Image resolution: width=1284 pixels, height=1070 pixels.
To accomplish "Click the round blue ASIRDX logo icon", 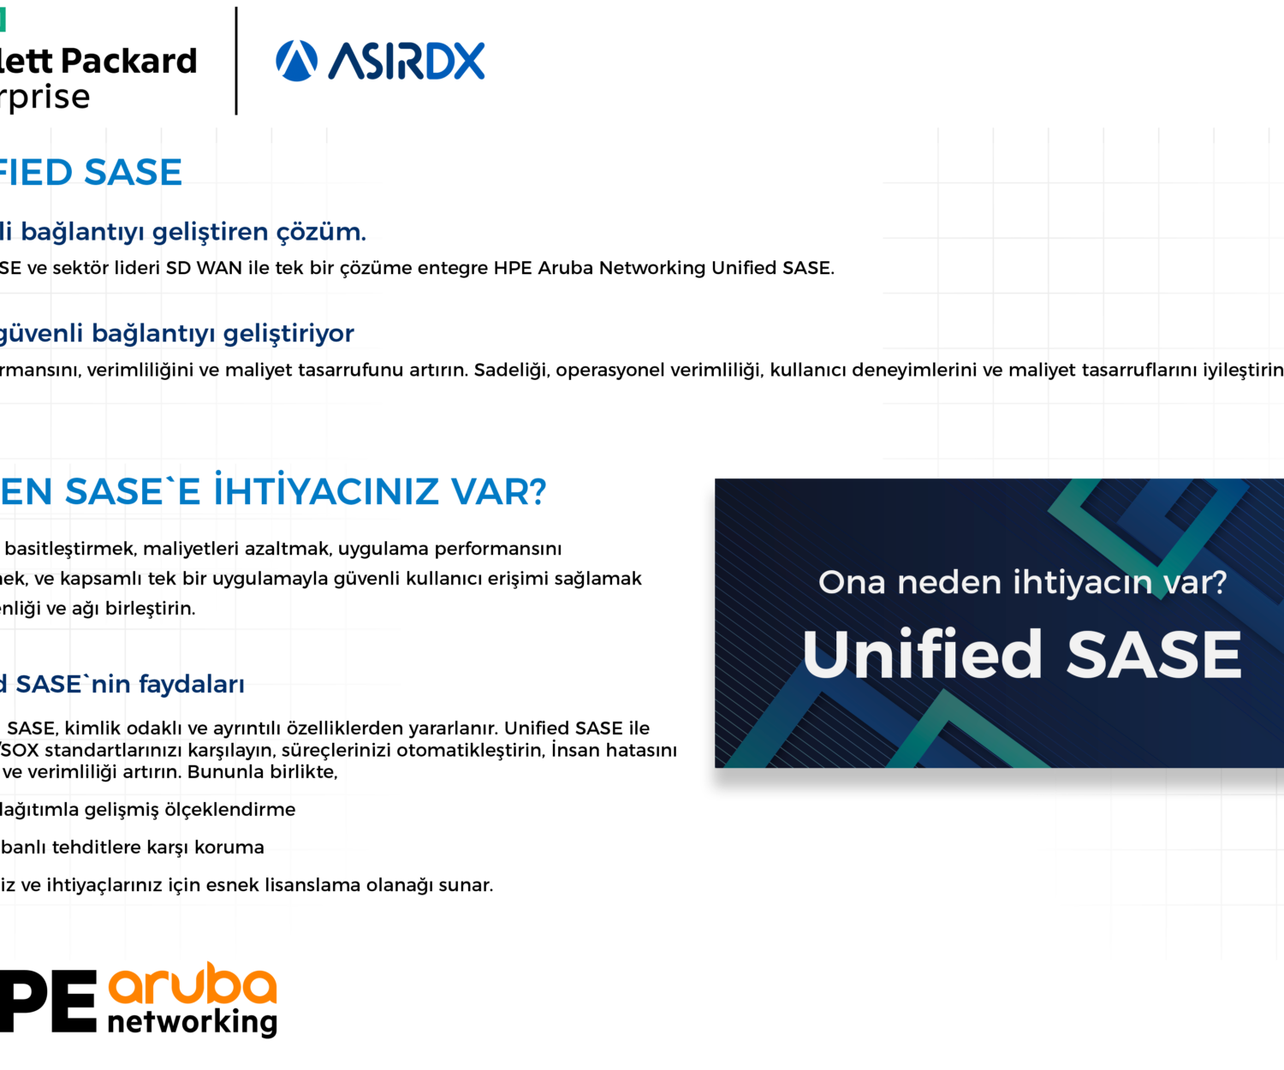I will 296,61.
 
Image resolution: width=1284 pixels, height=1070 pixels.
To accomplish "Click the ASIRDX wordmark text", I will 407,62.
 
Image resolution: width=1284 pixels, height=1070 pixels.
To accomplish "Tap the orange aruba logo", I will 193,985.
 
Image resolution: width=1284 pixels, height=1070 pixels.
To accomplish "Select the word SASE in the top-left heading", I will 134,173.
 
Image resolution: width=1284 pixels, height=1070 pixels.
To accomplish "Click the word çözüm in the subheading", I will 321,232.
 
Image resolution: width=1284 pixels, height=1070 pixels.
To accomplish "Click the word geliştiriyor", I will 289,334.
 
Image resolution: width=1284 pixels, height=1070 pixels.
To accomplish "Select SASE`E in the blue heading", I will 133,491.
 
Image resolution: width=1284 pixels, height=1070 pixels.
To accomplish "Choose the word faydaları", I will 192,684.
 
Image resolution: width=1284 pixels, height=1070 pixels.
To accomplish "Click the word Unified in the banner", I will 922,654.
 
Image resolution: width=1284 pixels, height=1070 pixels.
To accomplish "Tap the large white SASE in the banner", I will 1153,654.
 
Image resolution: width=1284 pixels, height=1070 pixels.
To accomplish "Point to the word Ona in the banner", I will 852,583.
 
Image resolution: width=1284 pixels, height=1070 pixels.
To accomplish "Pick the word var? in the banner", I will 1195,583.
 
